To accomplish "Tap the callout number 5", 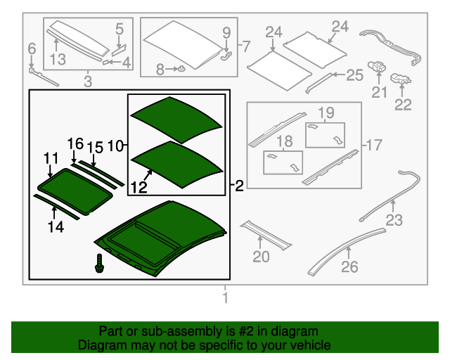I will click(x=119, y=29).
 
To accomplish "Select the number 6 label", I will click(x=31, y=49).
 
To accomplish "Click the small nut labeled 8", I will click(x=180, y=69).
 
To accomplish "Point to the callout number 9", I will click(x=226, y=32).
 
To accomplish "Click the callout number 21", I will click(x=380, y=92).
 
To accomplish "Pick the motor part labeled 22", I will click(x=402, y=79).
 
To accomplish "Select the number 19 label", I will click(x=326, y=112).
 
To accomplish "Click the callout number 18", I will click(x=284, y=142).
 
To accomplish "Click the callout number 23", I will click(x=394, y=220).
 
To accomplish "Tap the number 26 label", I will click(x=349, y=266).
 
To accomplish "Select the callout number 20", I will click(x=261, y=257).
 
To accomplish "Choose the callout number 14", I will click(x=56, y=226).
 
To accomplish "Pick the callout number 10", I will click(x=116, y=146).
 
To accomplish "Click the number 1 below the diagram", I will click(x=226, y=300).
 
